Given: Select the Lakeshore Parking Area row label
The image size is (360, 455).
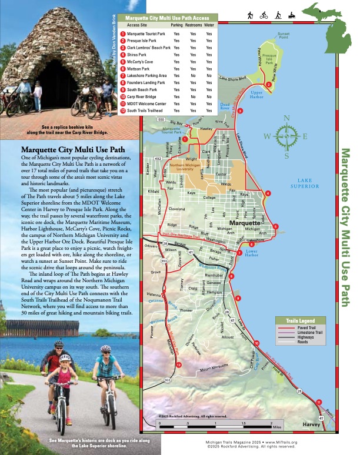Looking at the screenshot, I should tap(146, 76).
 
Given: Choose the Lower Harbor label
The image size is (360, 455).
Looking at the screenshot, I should tap(251, 253).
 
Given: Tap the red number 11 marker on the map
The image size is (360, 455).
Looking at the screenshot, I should tap(319, 402).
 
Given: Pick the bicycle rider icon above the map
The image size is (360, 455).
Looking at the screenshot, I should tap(265, 14).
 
